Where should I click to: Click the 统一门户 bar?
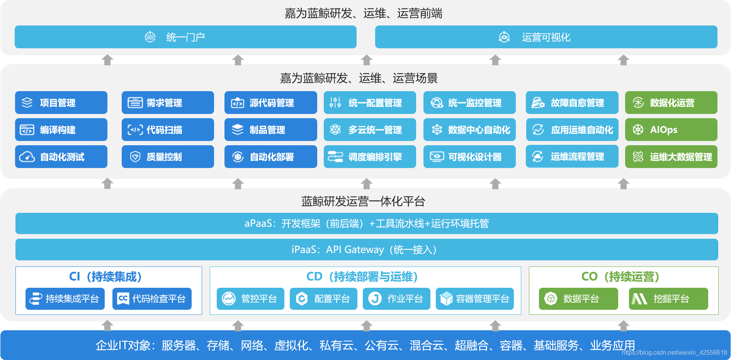click(185, 37)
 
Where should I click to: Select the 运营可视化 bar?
click(546, 37)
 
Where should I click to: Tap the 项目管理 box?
click(61, 103)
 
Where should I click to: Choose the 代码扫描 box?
click(168, 130)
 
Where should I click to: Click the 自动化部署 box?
click(270, 157)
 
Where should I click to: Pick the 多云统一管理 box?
click(370, 130)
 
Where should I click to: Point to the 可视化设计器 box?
click(469, 157)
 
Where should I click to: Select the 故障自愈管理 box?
click(572, 103)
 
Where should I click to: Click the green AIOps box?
click(671, 130)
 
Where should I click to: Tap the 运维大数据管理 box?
click(671, 157)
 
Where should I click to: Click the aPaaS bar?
click(367, 223)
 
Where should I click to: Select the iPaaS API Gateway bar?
click(367, 250)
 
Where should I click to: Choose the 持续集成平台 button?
click(65, 299)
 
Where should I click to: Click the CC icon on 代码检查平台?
click(123, 299)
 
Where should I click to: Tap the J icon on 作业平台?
click(375, 299)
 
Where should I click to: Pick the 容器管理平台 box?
click(475, 299)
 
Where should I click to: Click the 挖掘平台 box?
click(668, 299)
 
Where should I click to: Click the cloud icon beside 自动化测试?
click(27, 157)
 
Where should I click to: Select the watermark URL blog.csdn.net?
click(674, 353)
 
